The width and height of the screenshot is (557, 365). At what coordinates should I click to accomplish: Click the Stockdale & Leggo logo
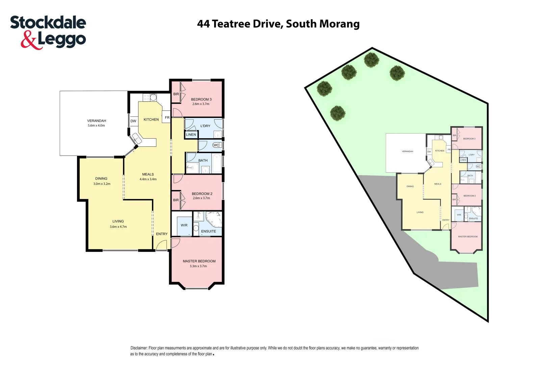[48, 32]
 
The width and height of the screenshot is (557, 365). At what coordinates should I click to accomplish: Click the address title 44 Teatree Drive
[278, 24]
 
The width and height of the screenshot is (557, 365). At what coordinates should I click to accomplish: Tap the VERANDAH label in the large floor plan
[97, 121]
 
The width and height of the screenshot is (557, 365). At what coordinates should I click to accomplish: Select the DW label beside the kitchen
[133, 121]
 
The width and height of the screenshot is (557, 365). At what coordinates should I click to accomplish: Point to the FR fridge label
[167, 118]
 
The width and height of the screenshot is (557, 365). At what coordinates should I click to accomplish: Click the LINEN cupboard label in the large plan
[191, 135]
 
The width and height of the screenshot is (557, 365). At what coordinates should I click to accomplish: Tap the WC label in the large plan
[216, 145]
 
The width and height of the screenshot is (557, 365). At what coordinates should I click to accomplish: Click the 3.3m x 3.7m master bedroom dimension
[198, 266]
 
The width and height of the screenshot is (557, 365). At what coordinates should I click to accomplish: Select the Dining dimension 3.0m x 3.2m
[102, 184]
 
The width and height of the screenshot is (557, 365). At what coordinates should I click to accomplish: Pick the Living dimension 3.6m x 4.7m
[118, 227]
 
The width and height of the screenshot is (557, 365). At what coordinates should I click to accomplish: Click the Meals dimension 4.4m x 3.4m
[148, 179]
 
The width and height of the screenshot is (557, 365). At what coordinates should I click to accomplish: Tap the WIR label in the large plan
[184, 225]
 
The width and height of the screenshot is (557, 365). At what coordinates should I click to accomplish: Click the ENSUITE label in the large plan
[208, 232]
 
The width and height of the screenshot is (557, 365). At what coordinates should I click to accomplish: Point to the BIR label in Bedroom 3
[176, 94]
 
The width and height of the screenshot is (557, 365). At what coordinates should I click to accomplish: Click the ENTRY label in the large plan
[161, 234]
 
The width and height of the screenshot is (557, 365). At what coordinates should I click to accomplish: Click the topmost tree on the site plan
[372, 60]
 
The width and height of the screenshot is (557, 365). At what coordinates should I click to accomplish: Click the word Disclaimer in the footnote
[139, 348]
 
